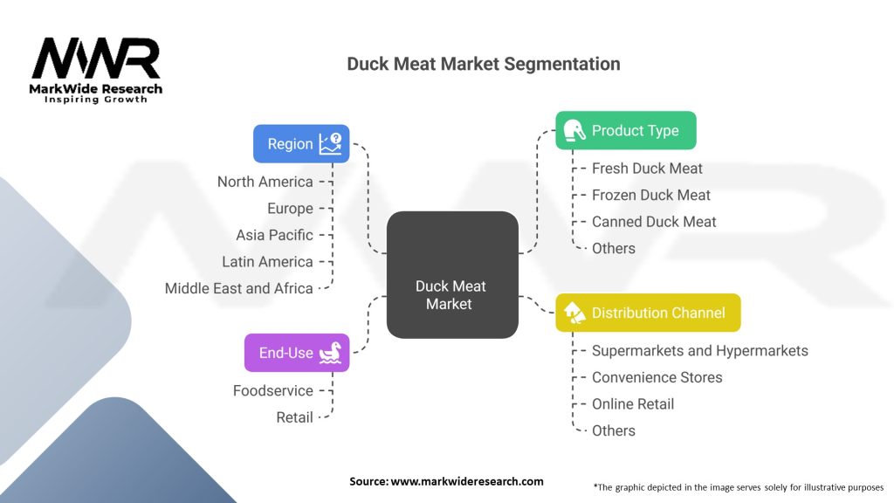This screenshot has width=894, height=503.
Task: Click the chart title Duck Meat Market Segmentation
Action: (483, 64)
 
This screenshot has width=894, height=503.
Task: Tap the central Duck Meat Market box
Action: (451, 275)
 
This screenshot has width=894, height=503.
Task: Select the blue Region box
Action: (301, 143)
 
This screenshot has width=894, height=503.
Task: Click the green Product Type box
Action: (625, 130)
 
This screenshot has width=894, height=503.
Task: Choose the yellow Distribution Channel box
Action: (648, 312)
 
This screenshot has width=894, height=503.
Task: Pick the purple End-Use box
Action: (297, 353)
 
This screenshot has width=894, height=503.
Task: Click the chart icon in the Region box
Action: (330, 143)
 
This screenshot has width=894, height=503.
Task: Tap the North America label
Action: (265, 182)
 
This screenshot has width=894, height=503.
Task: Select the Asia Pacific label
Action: (274, 235)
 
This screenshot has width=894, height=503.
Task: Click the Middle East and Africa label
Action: (238, 288)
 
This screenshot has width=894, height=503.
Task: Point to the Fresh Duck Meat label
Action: (647, 169)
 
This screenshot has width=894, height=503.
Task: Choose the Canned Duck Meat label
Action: (654, 222)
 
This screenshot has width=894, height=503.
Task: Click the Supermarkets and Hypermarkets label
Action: (699, 351)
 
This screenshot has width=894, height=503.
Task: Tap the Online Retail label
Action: (632, 404)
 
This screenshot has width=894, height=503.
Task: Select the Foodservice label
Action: (272, 390)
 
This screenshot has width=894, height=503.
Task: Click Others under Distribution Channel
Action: (613, 431)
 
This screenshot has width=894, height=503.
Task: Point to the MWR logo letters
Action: (96, 59)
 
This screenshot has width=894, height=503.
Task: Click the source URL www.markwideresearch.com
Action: (466, 481)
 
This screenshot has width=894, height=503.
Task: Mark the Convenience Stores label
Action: (657, 377)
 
